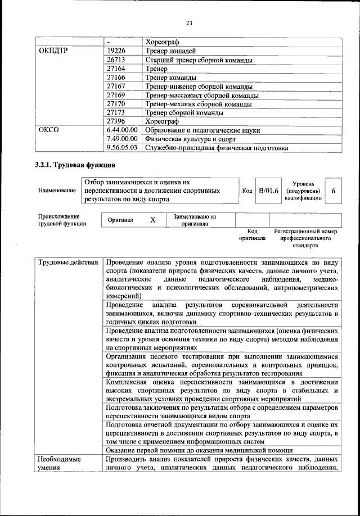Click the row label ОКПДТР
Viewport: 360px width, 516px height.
[53, 51]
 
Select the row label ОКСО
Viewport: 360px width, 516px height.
[48, 130]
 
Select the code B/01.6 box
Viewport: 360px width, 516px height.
[268, 191]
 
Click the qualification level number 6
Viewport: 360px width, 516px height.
[334, 192]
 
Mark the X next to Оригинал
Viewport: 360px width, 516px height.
[152, 220]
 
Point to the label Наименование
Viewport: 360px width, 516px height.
[57, 191]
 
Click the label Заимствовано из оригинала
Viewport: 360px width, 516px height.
[195, 220]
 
